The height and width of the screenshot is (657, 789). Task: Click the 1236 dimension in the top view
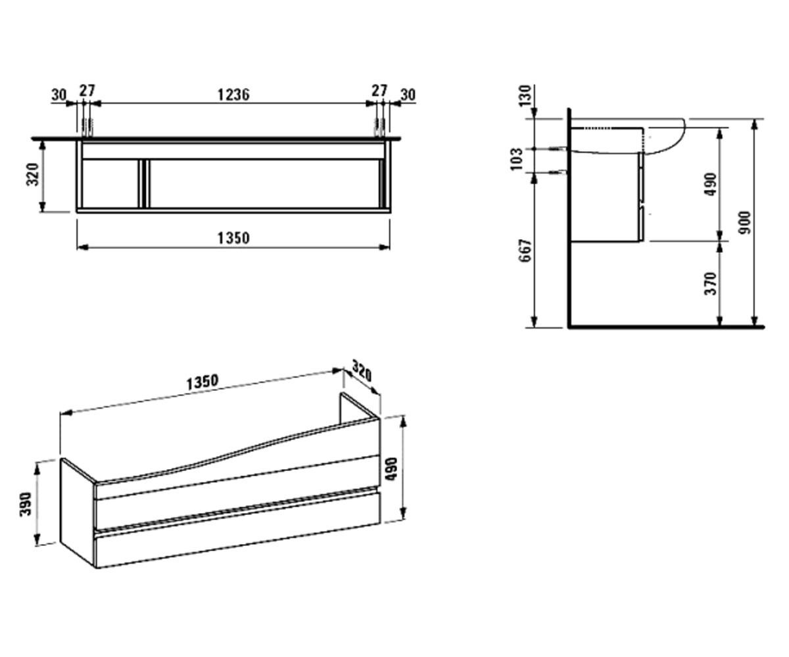click(x=233, y=95)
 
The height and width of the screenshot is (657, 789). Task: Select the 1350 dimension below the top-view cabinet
click(x=233, y=238)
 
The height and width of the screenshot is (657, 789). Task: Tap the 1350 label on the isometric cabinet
click(x=203, y=382)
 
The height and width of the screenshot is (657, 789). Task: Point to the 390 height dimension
click(x=26, y=504)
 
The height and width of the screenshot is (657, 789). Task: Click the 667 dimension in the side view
click(x=525, y=250)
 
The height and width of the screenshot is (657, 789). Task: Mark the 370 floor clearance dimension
click(x=711, y=284)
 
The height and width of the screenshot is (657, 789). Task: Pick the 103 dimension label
click(x=517, y=160)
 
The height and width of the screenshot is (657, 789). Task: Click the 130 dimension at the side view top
click(x=525, y=96)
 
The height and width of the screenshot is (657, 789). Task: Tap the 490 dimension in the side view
click(x=711, y=184)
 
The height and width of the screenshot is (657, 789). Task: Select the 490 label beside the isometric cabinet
click(x=391, y=469)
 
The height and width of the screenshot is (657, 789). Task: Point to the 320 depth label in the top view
click(x=33, y=175)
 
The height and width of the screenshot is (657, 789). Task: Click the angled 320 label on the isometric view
click(x=362, y=371)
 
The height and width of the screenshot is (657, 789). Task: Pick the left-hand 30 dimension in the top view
click(x=59, y=95)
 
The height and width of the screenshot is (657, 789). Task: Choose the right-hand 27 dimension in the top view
click(x=379, y=91)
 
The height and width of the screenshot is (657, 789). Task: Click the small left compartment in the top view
click(x=110, y=183)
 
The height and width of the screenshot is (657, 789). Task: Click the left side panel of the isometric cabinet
click(x=78, y=512)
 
